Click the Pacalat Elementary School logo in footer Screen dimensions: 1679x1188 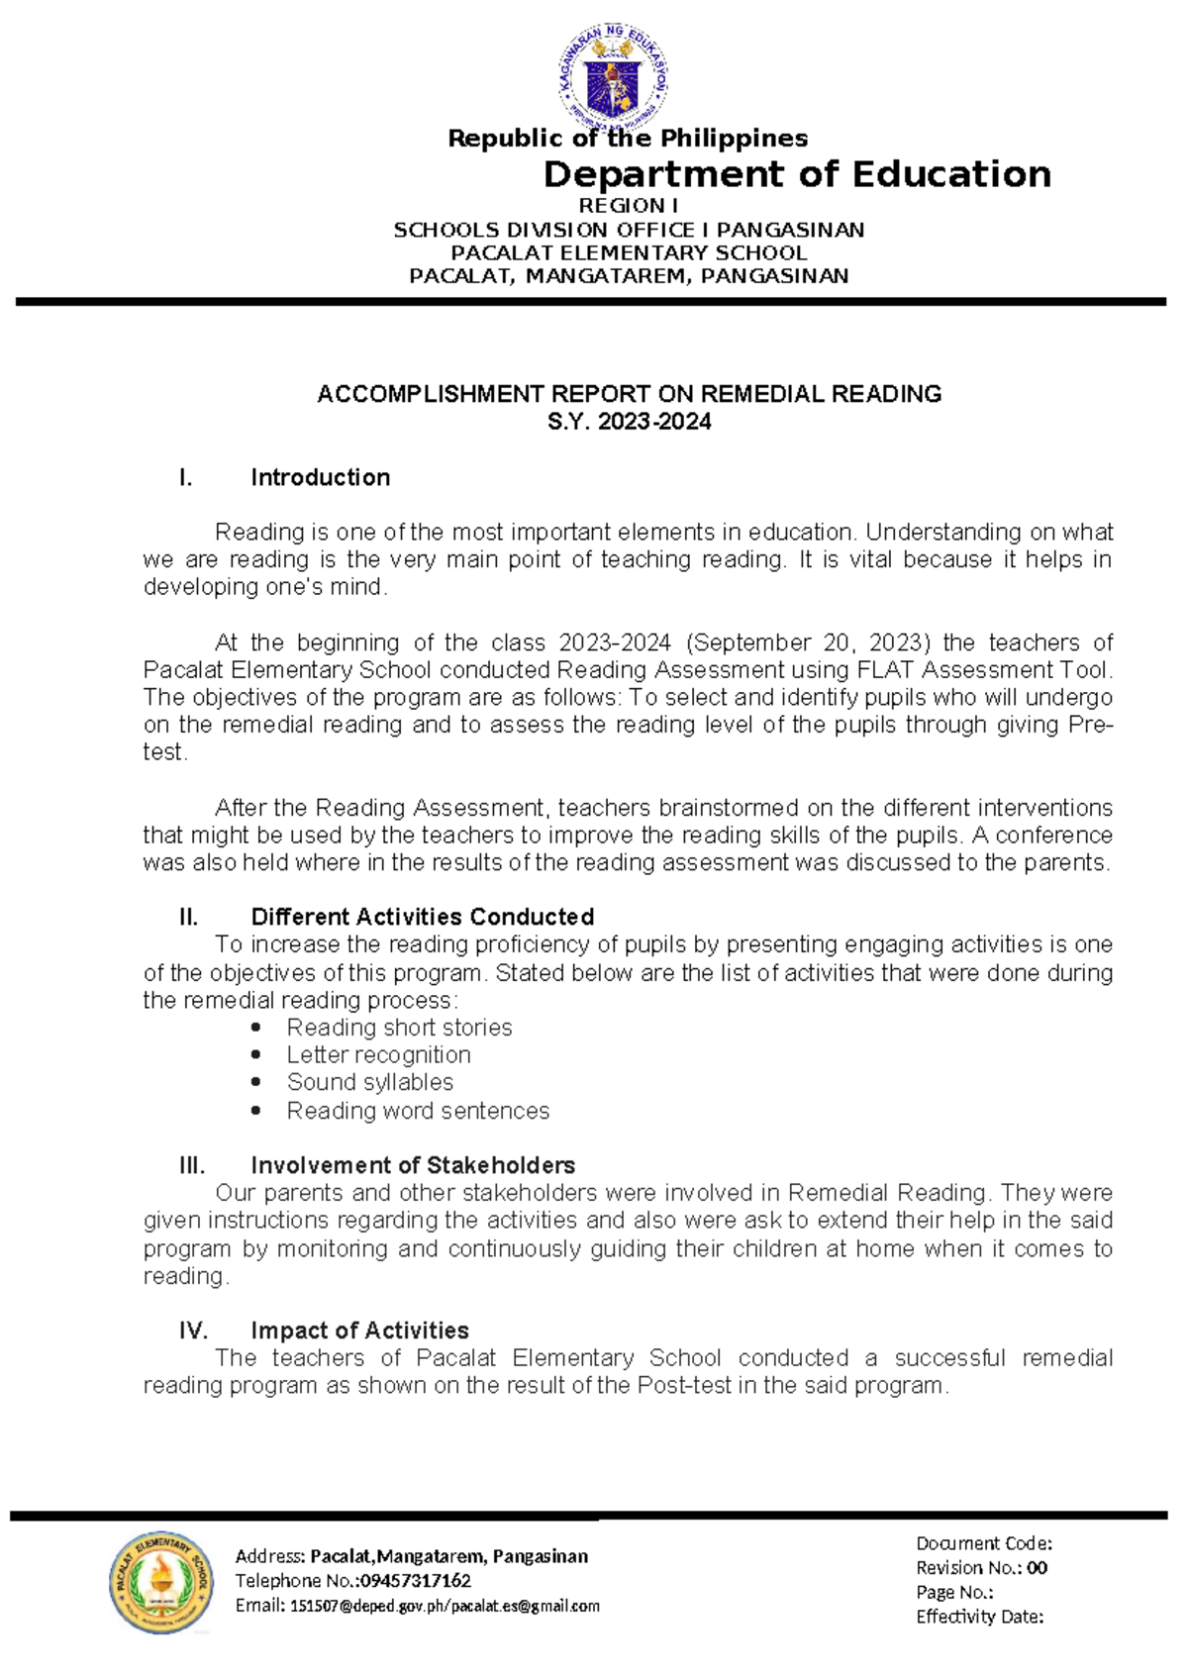[x=160, y=1582]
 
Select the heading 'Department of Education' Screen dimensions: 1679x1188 [x=797, y=174]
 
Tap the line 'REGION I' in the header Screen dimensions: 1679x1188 [x=628, y=206]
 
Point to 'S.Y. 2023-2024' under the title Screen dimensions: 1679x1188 [x=629, y=422]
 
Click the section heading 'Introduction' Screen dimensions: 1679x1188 [x=320, y=477]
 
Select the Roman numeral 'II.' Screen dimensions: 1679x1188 [x=189, y=917]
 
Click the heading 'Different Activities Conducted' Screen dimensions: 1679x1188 [x=422, y=917]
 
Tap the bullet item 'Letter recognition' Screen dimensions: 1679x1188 [x=378, y=1055]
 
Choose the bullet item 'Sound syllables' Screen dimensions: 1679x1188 [x=370, y=1082]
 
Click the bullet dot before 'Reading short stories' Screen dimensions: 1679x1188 [x=256, y=1028]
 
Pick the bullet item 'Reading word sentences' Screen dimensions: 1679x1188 [x=418, y=1111]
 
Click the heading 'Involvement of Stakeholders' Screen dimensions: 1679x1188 [x=413, y=1165]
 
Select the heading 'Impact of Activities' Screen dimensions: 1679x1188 [x=359, y=1331]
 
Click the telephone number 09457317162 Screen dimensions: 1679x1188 [x=415, y=1581]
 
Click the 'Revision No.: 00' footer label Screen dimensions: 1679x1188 [x=980, y=1568]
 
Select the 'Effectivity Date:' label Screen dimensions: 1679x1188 [x=979, y=1617]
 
